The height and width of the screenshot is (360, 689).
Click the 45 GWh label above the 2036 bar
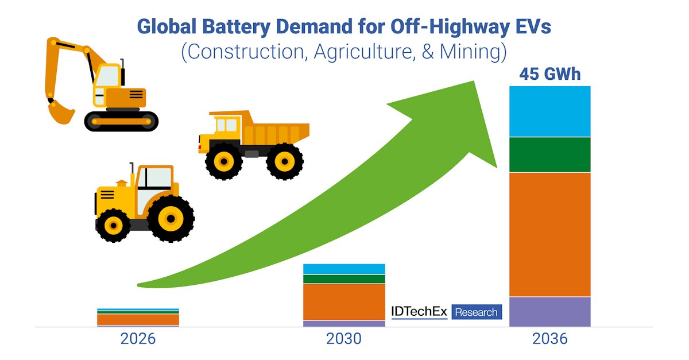tap(550, 75)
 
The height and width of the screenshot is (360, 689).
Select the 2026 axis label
tap(138, 339)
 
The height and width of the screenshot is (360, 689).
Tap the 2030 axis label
tap(344, 339)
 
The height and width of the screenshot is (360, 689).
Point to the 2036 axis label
tap(550, 339)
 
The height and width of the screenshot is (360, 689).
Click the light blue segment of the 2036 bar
tap(550, 111)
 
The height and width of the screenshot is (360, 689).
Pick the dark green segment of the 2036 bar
tap(550, 154)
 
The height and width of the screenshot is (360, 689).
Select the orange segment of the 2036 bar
tap(550, 234)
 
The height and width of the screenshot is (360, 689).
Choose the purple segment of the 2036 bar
tap(550, 312)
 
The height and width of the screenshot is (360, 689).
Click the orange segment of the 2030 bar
tap(344, 301)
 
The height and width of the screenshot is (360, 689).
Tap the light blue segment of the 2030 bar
tap(344, 269)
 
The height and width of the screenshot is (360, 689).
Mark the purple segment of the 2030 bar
tap(344, 323)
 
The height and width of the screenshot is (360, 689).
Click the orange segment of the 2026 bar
tap(138, 319)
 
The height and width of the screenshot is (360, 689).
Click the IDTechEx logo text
tap(419, 312)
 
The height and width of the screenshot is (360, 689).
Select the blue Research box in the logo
tap(477, 312)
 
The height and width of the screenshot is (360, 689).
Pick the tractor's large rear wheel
tap(170, 218)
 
